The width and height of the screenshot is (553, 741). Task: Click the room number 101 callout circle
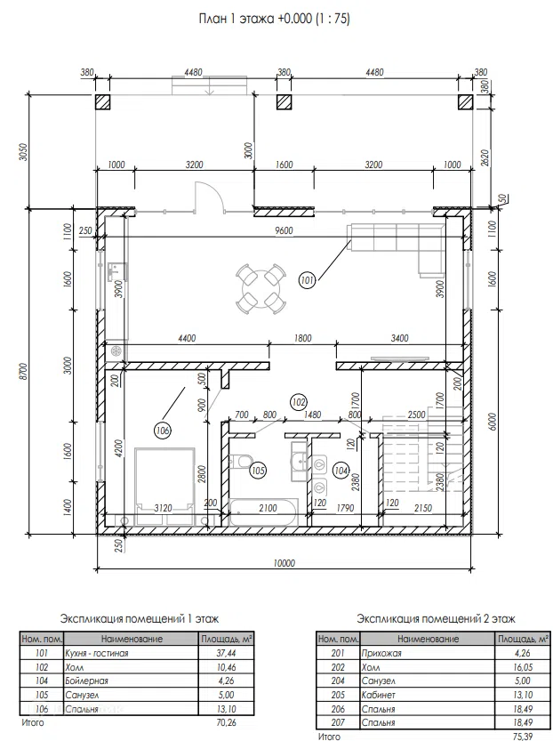point(307,280)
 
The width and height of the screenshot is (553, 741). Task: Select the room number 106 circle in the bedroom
point(163,430)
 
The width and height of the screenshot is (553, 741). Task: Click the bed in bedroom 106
point(164,487)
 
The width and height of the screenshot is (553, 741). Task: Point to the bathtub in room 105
point(263,511)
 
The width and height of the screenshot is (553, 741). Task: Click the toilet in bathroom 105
point(240,461)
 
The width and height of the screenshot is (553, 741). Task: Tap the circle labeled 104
point(341,471)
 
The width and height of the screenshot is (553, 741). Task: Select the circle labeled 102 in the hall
point(299,402)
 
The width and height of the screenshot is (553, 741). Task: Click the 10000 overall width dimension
point(284,563)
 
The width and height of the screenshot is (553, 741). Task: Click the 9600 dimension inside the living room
point(284,230)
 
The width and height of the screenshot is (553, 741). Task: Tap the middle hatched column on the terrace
point(284,102)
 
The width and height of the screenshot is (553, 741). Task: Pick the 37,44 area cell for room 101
point(226,653)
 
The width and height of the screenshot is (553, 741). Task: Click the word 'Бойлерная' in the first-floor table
point(86,681)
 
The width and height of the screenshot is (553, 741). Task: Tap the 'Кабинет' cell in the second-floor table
point(378,695)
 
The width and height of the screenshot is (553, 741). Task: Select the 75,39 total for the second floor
point(523,737)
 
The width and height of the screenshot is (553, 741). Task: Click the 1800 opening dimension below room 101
point(302,338)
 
